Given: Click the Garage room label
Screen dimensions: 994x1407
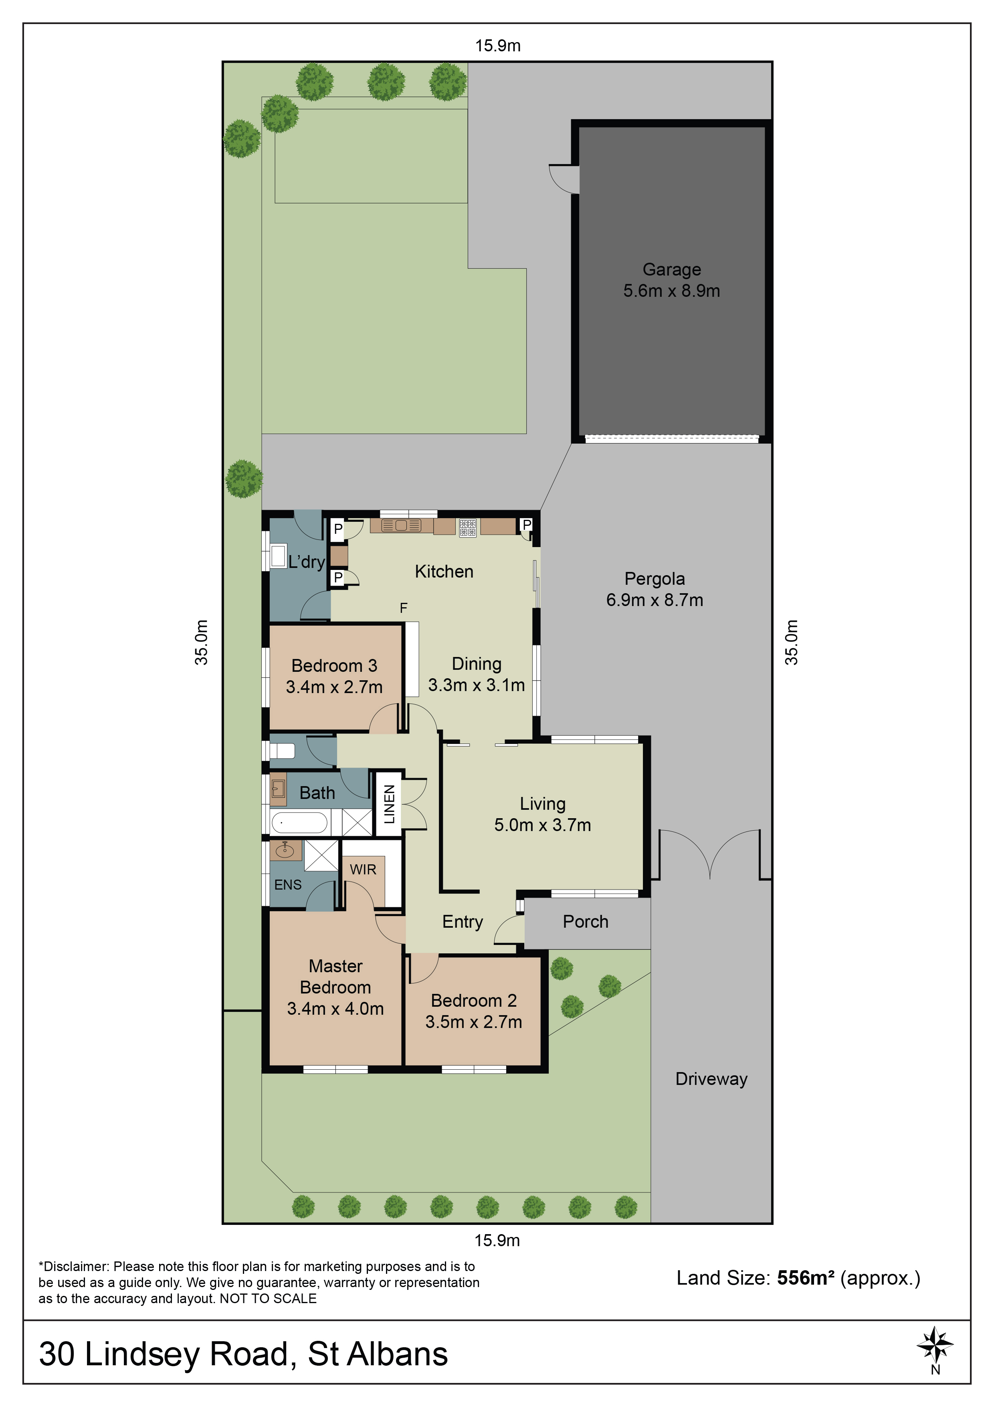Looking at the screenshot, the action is coord(671,270).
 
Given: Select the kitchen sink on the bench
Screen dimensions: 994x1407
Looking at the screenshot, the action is coord(401,525).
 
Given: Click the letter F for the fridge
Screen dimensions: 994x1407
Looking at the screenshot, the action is coord(404,608).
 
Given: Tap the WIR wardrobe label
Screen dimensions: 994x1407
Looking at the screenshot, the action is coord(363,869).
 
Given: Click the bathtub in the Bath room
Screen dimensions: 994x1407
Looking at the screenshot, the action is coord(299,822).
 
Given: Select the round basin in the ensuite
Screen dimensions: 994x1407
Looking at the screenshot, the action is coord(285,850).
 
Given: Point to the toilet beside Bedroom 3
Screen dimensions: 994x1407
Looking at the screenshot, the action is coord(283,751).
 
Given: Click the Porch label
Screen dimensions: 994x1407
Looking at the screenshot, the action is coord(586,922).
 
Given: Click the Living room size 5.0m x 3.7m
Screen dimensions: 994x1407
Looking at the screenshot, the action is coord(543,825).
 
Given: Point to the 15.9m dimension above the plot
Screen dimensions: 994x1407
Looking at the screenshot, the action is coord(498,46).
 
